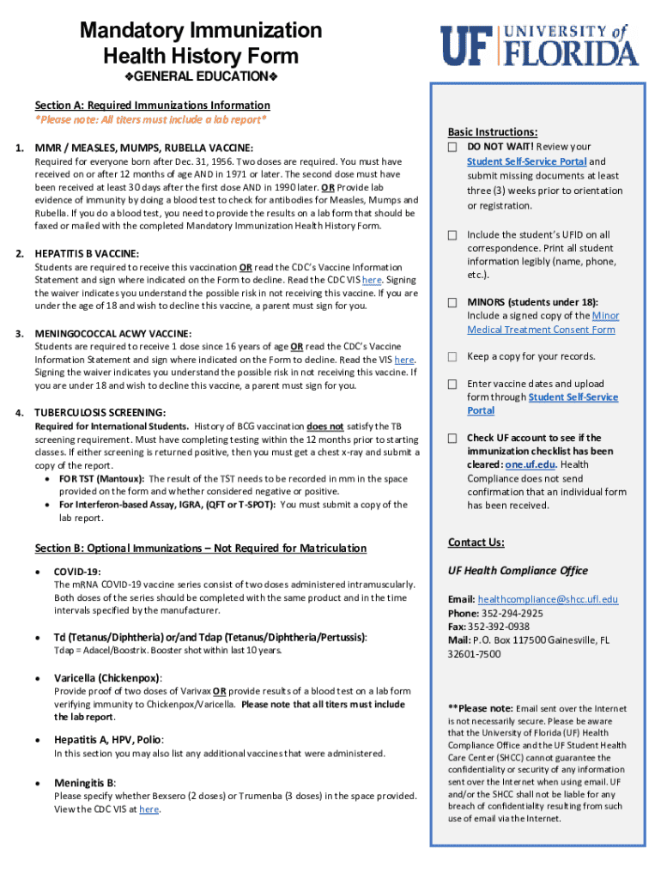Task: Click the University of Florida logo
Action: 540,45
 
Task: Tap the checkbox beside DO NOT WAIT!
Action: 452,148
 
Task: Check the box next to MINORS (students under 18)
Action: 452,303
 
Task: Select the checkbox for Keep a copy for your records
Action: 452,357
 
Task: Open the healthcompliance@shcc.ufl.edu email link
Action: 548,599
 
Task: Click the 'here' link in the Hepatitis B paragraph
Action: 372,280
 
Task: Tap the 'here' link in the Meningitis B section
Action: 149,809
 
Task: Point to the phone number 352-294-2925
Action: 512,613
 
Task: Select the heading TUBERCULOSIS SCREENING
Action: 100,413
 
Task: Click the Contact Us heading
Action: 476,543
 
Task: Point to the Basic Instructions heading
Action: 492,132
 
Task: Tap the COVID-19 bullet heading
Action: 77,571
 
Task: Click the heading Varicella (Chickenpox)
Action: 108,677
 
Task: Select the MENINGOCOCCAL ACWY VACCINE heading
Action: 113,333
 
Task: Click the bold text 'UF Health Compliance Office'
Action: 518,571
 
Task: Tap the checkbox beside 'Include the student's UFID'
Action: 452,235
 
